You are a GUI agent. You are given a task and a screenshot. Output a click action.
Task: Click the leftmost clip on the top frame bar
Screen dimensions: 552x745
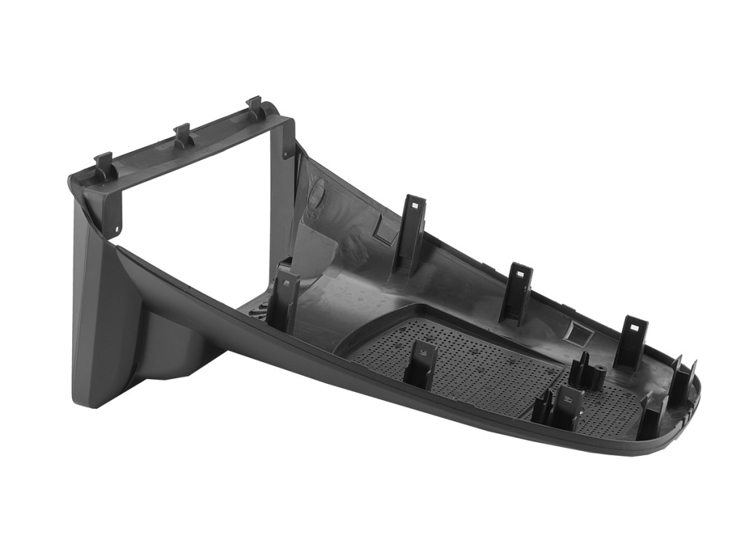(x=104, y=166)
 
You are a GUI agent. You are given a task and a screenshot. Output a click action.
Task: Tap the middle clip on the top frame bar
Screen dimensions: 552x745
(x=182, y=135)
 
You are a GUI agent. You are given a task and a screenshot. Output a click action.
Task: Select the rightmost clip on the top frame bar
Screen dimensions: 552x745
(x=254, y=108)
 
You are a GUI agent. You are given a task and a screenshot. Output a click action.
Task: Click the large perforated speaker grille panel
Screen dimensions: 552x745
(x=466, y=356)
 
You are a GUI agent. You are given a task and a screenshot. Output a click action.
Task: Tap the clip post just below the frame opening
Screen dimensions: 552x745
(x=284, y=298)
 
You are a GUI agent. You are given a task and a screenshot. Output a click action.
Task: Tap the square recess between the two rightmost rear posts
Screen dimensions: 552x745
(x=579, y=333)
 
